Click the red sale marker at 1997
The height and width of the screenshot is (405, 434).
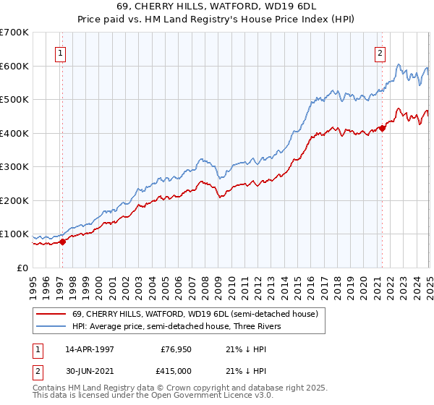(62, 242)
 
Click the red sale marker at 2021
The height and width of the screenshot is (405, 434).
(382, 128)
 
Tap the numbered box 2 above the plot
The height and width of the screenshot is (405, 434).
(380, 52)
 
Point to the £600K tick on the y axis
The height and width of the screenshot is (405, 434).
(14, 66)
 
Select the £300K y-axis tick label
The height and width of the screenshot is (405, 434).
(14, 167)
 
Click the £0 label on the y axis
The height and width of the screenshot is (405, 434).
(22, 268)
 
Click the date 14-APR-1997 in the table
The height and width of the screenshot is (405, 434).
(90, 349)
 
